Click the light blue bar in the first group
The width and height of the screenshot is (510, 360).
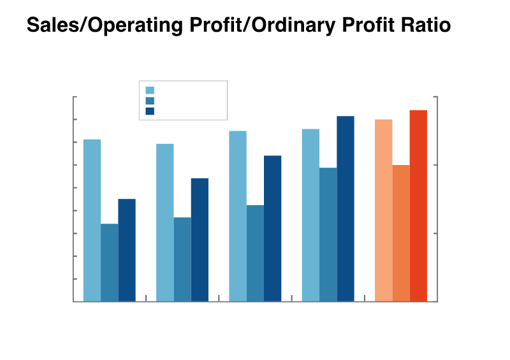pyautogui.click(x=92, y=220)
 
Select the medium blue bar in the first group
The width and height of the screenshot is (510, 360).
pyautogui.click(x=110, y=262)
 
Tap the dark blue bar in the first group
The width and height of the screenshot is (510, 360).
pyautogui.click(x=127, y=250)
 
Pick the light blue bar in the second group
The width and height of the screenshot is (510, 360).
pyautogui.click(x=164, y=222)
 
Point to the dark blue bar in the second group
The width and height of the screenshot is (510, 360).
pyautogui.click(x=200, y=240)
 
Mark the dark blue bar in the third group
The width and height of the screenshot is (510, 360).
pyautogui.click(x=272, y=228)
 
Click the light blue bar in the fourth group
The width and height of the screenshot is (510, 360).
pyautogui.click(x=310, y=215)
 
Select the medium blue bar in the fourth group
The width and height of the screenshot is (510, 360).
pyautogui.click(x=328, y=234)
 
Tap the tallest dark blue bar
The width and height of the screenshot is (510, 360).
pyautogui.click(x=346, y=208)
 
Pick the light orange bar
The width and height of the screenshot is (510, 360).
pyautogui.click(x=383, y=210)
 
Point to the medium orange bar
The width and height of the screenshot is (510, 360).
pyautogui.click(x=401, y=233)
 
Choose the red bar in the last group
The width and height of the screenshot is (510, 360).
pyautogui.click(x=418, y=205)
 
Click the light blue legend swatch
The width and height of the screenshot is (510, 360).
pyautogui.click(x=150, y=90)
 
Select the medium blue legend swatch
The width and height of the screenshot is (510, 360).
pyautogui.click(x=150, y=101)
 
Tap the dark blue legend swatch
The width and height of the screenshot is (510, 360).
pyautogui.click(x=150, y=111)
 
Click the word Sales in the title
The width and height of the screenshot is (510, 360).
pyautogui.click(x=48, y=25)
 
